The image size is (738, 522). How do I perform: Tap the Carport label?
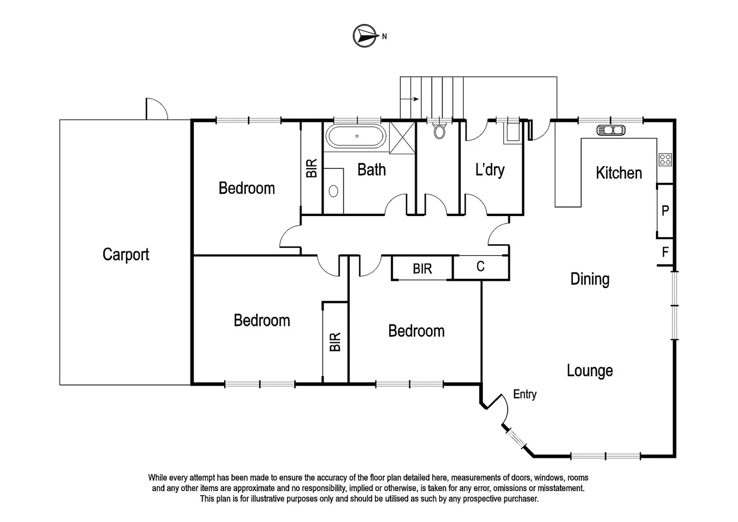tap(126, 254)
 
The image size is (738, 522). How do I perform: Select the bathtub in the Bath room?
tap(356, 136)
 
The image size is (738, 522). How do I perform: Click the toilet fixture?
tap(439, 131)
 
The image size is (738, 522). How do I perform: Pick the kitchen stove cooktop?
tap(665, 159)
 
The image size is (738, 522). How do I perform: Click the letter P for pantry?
tap(665, 211)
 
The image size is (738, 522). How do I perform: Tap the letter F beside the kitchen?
tap(665, 252)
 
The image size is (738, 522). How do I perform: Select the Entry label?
tap(525, 394)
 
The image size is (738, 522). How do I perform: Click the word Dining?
tap(590, 279)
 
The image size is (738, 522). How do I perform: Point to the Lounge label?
tap(590, 371)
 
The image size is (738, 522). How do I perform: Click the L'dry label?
tap(490, 170)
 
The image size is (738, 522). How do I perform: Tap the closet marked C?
tap(481, 267)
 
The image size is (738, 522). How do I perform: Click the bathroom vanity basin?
tap(333, 191)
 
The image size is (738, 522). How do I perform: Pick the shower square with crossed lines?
tap(402, 137)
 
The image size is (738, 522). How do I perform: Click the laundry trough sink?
tap(512, 132)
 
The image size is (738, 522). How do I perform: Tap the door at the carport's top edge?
tap(156, 109)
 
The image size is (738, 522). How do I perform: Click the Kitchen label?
tap(619, 173)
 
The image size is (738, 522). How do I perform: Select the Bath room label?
tap(371, 170)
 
